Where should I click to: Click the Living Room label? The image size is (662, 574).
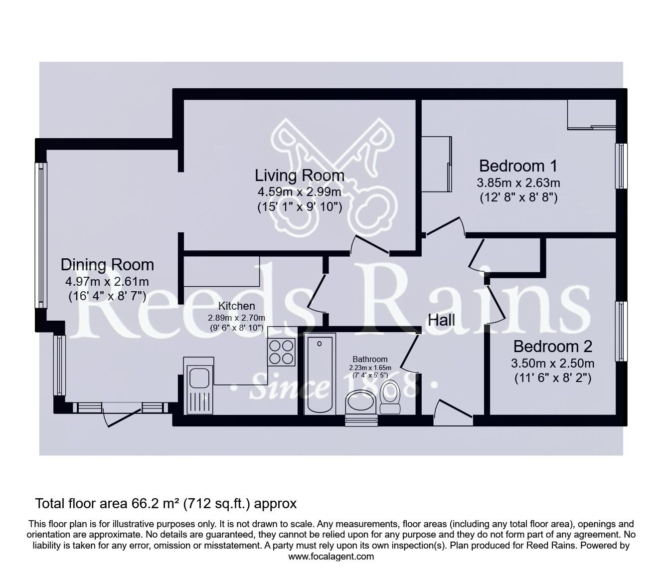300,176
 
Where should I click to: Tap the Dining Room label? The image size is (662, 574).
107,264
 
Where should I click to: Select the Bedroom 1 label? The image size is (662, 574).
518,166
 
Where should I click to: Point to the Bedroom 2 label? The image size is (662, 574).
552,346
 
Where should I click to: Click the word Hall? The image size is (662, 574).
441,320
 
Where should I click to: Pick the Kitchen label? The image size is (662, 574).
237,306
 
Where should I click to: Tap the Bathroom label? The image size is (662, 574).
370,359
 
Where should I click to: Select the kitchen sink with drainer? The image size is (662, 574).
199,386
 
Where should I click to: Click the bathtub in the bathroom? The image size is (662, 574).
319,375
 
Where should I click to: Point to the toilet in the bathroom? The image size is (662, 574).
390,397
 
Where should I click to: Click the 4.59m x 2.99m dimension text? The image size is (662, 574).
299,192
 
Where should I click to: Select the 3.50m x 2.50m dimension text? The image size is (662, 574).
552,363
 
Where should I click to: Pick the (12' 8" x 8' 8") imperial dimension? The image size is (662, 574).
518,197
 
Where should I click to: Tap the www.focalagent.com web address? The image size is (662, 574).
331,556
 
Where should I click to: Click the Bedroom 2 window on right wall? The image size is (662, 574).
621,331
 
